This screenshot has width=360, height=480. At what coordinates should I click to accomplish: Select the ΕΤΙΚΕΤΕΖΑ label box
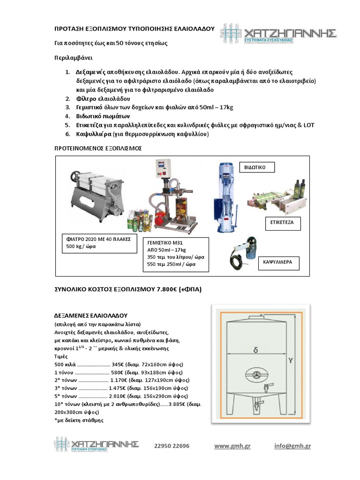pos(282,222)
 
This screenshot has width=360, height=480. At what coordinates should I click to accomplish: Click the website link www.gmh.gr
pos(232,446)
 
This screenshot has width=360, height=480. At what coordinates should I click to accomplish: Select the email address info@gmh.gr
pos(292,446)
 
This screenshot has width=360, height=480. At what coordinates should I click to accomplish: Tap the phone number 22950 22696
pos(172,446)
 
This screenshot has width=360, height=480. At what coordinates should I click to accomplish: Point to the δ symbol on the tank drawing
pos(255,350)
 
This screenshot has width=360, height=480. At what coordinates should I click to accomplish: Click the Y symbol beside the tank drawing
pos(291,361)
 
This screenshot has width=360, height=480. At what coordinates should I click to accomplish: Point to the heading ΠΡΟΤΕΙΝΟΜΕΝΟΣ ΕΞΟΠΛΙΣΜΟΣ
pos(98,148)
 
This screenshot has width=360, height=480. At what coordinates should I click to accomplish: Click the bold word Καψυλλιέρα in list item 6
pos(94,134)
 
